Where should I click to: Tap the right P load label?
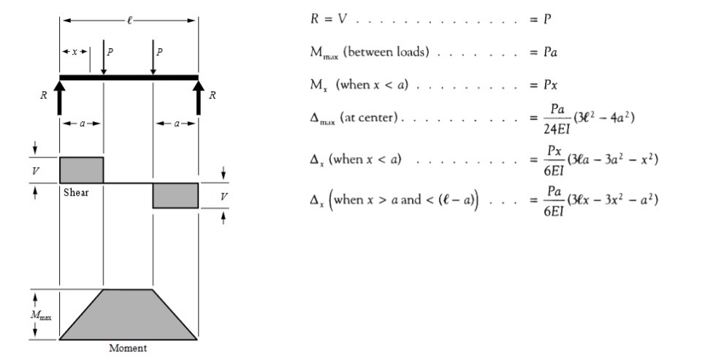(159, 52)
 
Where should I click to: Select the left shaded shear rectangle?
(81, 169)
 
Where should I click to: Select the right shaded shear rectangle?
(175, 196)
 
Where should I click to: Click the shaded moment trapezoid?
(128, 318)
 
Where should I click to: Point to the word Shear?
(76, 193)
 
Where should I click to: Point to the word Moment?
(128, 348)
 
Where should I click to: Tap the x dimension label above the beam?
(75, 52)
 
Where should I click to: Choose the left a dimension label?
(81, 123)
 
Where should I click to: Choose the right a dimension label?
(175, 123)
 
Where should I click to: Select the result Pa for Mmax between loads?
(549, 53)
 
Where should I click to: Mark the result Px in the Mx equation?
(549, 85)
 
